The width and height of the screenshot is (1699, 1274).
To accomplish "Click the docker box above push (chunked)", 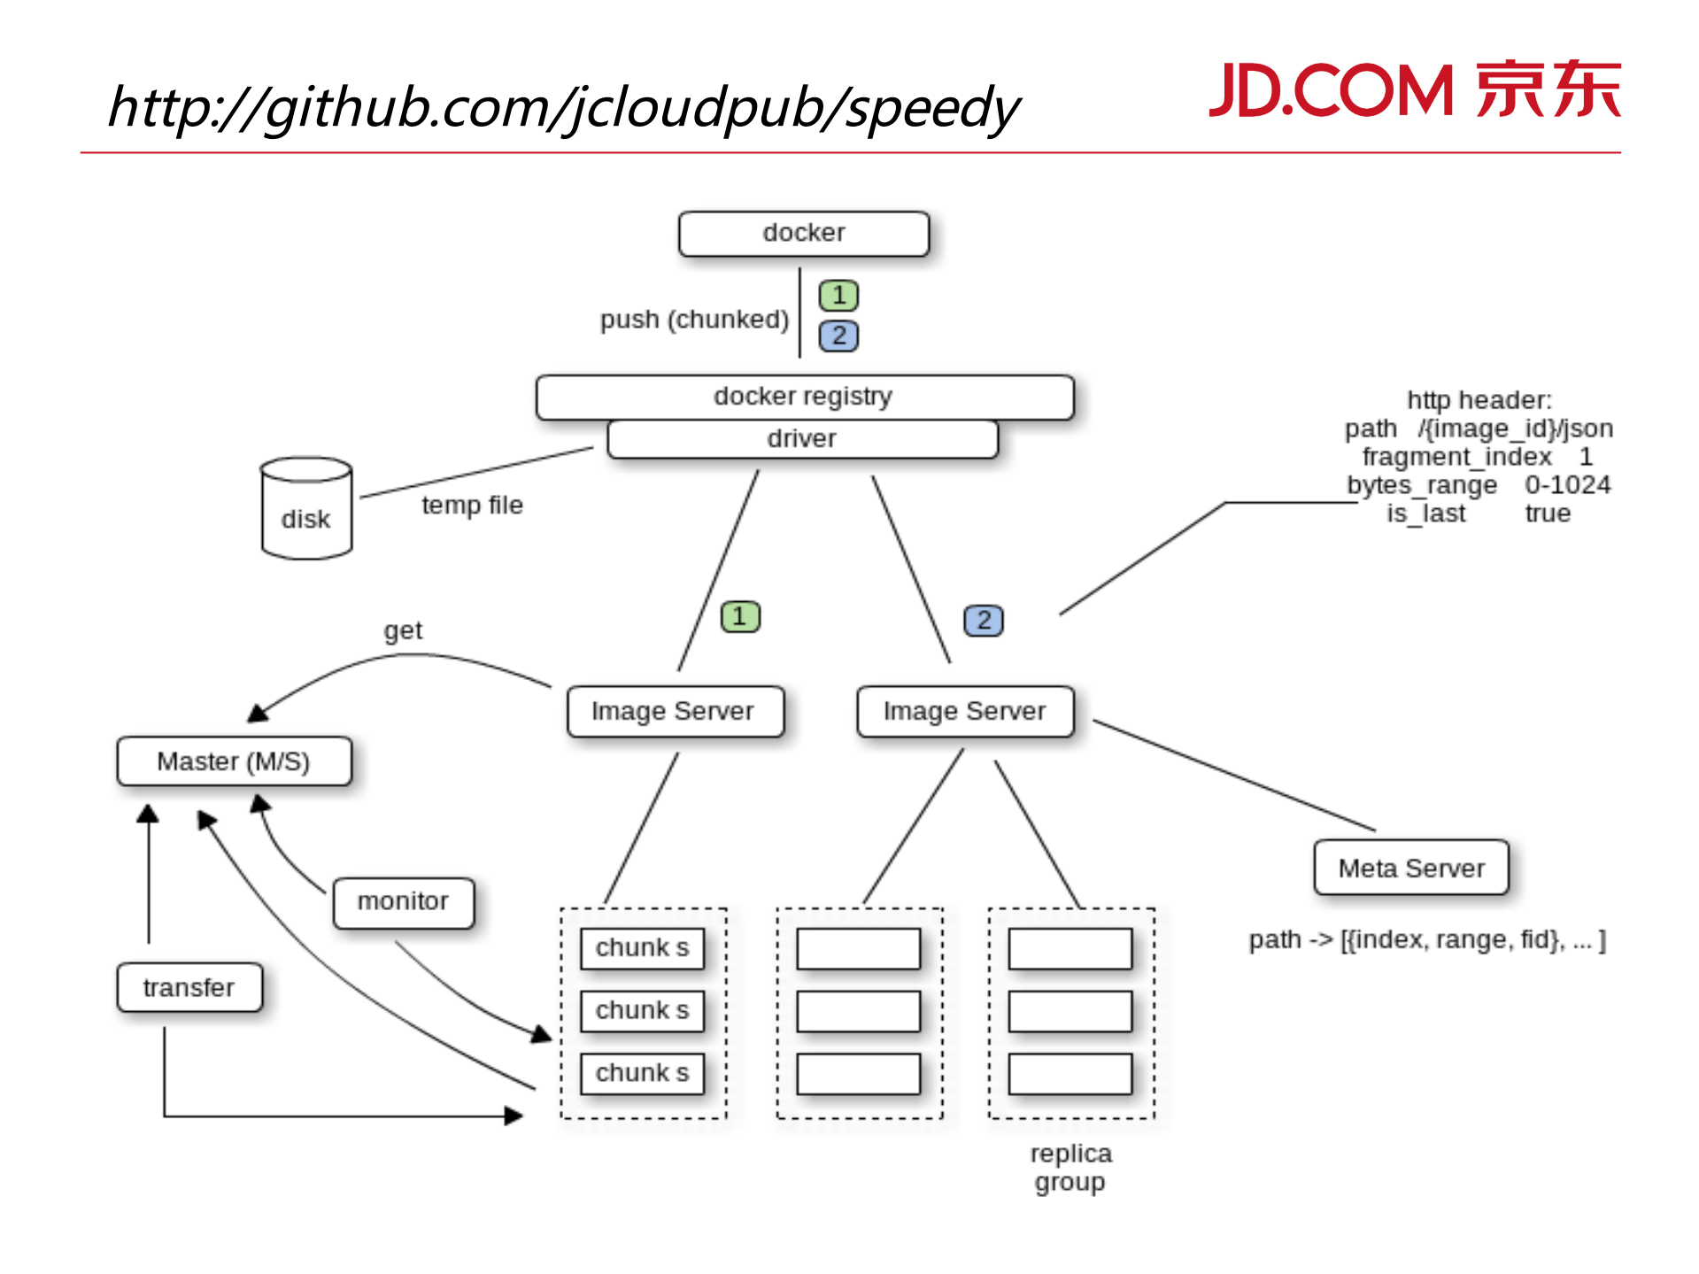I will click(x=803, y=234).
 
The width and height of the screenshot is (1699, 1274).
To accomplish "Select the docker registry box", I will click(x=803, y=397).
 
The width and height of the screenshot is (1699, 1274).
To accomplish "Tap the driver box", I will click(x=802, y=439).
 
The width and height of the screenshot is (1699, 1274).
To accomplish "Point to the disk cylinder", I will click(x=306, y=509).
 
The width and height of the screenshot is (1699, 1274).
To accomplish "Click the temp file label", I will click(x=472, y=506).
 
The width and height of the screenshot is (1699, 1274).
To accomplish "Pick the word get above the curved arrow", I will click(x=403, y=630).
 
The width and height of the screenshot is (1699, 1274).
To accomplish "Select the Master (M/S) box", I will click(x=234, y=761).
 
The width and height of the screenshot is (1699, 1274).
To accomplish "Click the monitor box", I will click(x=403, y=902).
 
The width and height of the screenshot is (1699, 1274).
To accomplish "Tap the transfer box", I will click(x=189, y=987).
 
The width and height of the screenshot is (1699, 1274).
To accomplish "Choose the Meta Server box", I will click(x=1411, y=869).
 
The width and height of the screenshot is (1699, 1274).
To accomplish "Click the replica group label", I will click(x=1070, y=1168).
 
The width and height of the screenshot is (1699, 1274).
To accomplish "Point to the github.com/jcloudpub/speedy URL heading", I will click(x=564, y=108).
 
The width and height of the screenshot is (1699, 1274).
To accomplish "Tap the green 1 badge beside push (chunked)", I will click(x=838, y=296).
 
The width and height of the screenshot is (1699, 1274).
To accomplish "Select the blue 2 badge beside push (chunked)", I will click(x=838, y=336).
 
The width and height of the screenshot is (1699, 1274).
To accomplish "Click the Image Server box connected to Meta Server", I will click(x=965, y=711).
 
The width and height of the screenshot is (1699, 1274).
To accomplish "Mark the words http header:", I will click(x=1479, y=400).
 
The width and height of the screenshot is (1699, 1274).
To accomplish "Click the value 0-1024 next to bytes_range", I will click(x=1567, y=485).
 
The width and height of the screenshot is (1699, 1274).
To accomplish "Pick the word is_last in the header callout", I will click(x=1425, y=513).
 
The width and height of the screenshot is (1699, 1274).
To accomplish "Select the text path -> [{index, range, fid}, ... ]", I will click(x=1427, y=940).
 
